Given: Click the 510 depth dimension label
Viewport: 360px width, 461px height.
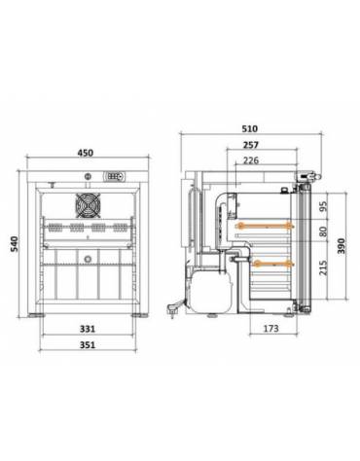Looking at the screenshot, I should coord(250,125).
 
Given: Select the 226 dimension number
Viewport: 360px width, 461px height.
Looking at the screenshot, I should coord(250,160).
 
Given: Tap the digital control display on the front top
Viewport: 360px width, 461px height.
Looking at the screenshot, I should coord(115,177).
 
